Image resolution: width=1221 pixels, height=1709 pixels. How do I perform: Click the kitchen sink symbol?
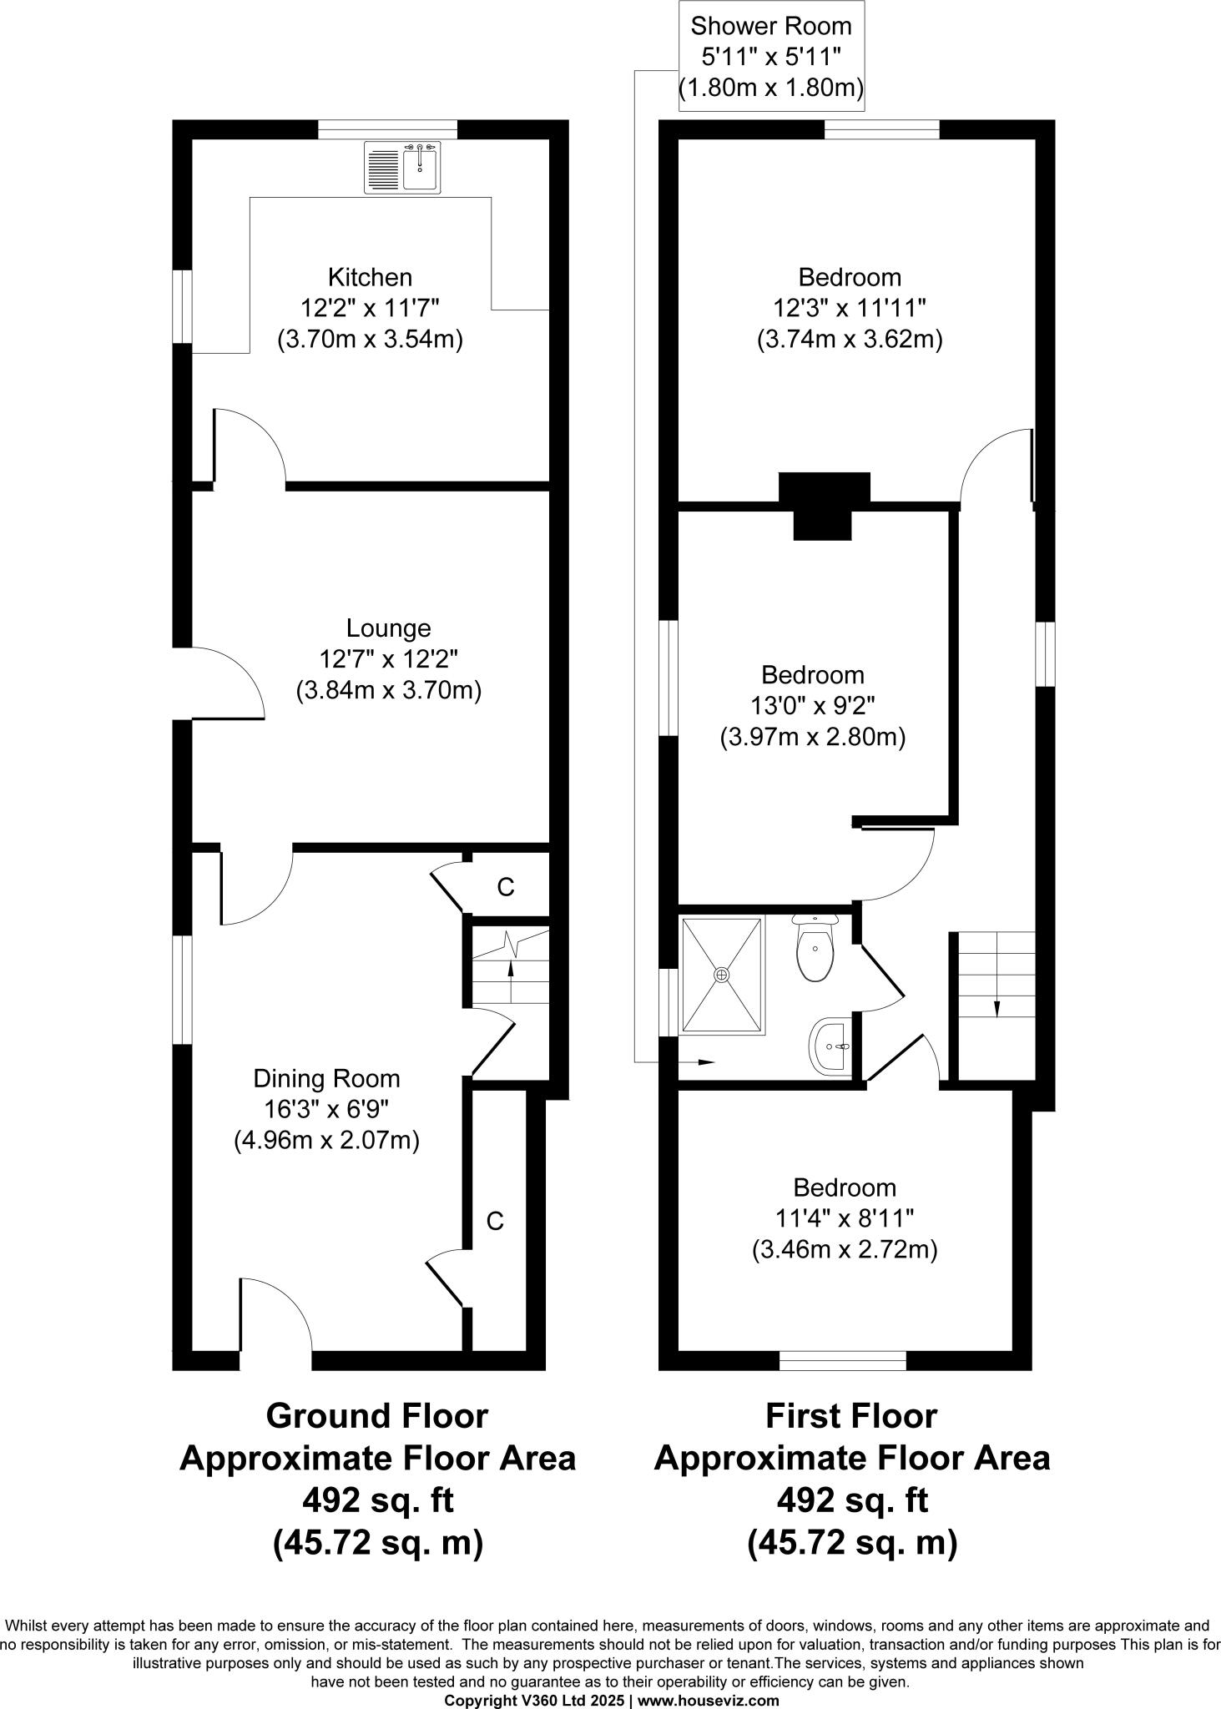coord(402,169)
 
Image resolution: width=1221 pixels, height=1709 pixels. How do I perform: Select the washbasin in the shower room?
coord(830,1046)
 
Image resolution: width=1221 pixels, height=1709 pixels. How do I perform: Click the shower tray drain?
coord(721,974)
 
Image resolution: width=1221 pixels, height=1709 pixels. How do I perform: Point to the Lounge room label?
coord(388,628)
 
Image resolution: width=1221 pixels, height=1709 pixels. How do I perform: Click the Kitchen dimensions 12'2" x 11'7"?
coord(370,308)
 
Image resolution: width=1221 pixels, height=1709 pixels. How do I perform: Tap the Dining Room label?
coord(326,1078)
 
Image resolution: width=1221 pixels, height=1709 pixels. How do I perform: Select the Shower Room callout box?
coord(769,56)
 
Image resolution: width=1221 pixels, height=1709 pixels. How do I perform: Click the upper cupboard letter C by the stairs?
coord(505,888)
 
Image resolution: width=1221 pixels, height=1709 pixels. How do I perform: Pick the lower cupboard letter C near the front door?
coord(495,1222)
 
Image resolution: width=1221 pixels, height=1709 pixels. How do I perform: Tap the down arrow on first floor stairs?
coord(996,1009)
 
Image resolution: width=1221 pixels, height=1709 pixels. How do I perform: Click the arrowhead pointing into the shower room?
coord(706,1062)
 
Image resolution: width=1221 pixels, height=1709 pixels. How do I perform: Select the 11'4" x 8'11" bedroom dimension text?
coord(845,1218)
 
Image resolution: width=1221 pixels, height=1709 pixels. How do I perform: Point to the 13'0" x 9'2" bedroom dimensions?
coord(812,706)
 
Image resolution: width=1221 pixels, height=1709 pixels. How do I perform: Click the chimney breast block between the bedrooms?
coord(824,503)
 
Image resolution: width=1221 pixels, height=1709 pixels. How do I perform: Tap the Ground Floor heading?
coord(376,1416)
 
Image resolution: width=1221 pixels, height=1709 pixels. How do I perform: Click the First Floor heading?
coord(850,1416)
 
